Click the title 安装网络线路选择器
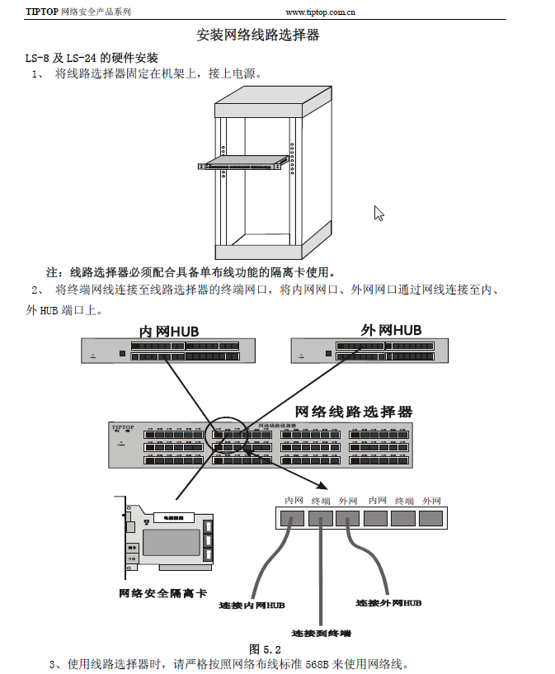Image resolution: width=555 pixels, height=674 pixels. click(258, 35)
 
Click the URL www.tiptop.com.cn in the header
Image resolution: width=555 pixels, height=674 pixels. click(320, 12)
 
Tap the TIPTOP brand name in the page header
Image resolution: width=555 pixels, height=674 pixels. click(42, 12)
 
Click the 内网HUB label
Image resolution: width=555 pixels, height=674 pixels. click(169, 331)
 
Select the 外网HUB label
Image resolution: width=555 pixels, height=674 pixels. click(391, 330)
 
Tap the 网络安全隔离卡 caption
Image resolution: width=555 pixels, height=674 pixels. click(163, 593)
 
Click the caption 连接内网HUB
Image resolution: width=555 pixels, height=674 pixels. click(252, 605)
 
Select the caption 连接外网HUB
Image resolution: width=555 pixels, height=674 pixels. click(388, 603)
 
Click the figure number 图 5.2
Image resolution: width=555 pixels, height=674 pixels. click(266, 649)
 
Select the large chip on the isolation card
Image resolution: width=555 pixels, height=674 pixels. click(171, 542)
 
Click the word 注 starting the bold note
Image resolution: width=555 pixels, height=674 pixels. click(51, 272)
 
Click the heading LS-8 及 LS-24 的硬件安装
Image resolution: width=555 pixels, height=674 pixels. click(92, 57)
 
